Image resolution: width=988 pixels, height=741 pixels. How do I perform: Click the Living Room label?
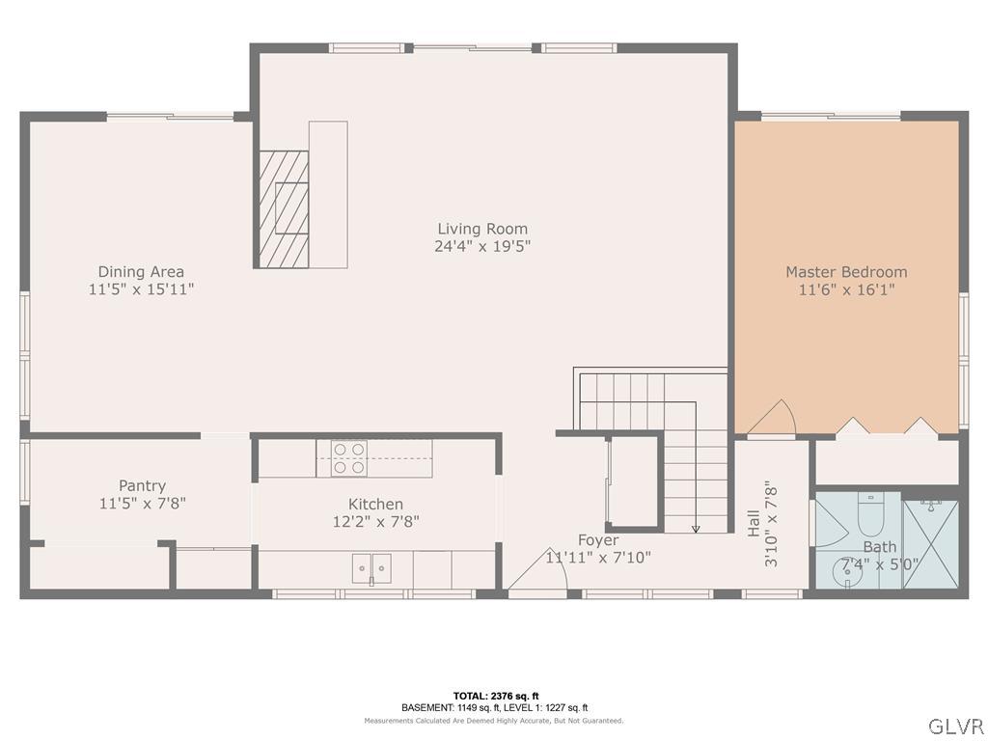(482, 229)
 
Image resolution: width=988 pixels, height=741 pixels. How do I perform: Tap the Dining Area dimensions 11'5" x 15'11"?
(141, 288)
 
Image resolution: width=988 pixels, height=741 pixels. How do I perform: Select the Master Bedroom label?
(845, 272)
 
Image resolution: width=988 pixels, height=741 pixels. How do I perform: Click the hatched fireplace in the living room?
(283, 208)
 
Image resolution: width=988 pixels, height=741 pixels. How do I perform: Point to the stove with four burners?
(347, 457)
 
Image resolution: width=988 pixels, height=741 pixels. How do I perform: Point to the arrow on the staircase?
(696, 527)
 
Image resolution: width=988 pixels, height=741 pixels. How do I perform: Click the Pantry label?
(142, 485)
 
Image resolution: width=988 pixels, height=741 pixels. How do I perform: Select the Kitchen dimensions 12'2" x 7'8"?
(375, 521)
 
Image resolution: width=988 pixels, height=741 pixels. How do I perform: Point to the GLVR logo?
(954, 725)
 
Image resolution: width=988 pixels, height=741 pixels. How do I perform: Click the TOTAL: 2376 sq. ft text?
(495, 696)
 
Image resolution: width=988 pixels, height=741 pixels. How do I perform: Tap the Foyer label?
(598, 539)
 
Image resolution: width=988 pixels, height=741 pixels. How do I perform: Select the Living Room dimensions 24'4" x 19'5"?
(482, 246)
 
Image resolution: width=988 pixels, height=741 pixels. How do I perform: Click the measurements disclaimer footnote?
(493, 721)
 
